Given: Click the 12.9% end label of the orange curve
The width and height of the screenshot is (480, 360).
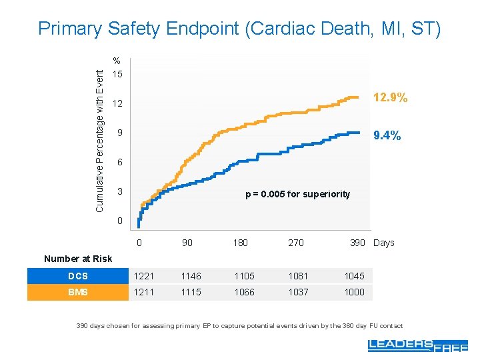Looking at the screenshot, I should click(x=390, y=98).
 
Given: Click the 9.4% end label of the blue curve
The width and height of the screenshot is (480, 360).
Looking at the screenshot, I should click(x=387, y=136).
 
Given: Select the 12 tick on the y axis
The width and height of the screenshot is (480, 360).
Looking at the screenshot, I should click(x=117, y=105).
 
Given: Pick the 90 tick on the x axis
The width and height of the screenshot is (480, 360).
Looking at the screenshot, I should click(x=187, y=243).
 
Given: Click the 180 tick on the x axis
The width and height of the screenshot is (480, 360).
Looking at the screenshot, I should click(x=240, y=243).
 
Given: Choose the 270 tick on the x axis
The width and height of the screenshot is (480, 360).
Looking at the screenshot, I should click(x=295, y=243).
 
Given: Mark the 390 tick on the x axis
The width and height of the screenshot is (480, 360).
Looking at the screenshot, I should click(x=357, y=243).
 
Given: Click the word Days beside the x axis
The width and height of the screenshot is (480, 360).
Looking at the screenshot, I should click(x=384, y=243).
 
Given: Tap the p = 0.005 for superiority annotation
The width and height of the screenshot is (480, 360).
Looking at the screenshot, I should click(x=297, y=194).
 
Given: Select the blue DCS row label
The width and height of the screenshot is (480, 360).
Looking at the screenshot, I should click(x=77, y=276).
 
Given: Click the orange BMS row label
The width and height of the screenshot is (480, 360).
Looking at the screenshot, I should click(x=77, y=292).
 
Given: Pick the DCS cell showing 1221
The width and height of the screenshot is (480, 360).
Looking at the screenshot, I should click(x=143, y=276).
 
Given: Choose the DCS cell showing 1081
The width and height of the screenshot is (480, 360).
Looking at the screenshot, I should click(x=299, y=276).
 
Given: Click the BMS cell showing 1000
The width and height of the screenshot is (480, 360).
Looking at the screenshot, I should click(x=354, y=292).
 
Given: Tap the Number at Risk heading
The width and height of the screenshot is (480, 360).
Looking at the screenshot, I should click(x=78, y=259).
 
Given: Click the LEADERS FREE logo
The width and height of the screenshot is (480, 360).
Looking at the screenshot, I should click(x=417, y=345).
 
